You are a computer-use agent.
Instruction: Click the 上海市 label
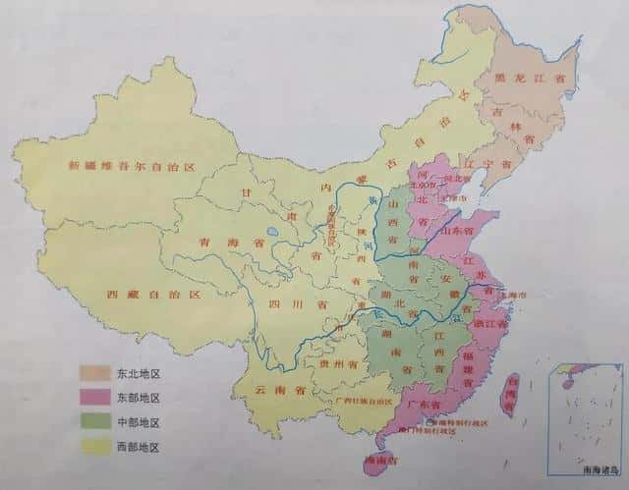click(x=513, y=294)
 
